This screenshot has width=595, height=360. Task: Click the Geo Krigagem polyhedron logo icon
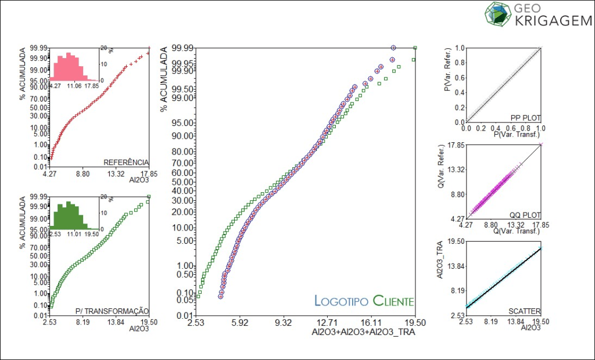click(497, 14)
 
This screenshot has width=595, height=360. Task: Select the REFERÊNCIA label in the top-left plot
click(126, 162)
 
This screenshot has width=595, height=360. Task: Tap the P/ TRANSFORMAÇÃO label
click(112, 311)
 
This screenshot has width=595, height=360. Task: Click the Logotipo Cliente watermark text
click(364, 301)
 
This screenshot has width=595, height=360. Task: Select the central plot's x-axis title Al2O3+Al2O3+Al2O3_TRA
click(364, 333)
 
